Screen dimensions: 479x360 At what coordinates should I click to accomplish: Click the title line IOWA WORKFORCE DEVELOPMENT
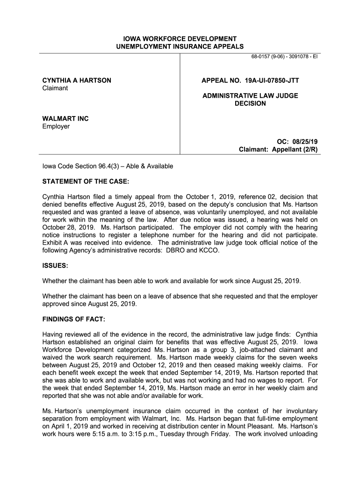click(180, 38)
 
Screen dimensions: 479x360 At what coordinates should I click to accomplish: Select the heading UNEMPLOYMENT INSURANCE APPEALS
click(180, 46)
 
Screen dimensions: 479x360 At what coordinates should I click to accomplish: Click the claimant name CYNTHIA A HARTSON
click(77, 80)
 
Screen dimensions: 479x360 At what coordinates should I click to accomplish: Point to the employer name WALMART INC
click(65, 119)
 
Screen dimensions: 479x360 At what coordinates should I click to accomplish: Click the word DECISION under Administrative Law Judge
click(250, 103)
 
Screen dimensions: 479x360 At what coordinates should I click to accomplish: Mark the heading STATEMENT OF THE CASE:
click(86, 181)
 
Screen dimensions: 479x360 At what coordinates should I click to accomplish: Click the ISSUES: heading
click(55, 265)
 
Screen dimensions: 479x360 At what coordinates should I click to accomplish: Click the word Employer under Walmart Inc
click(56, 126)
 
